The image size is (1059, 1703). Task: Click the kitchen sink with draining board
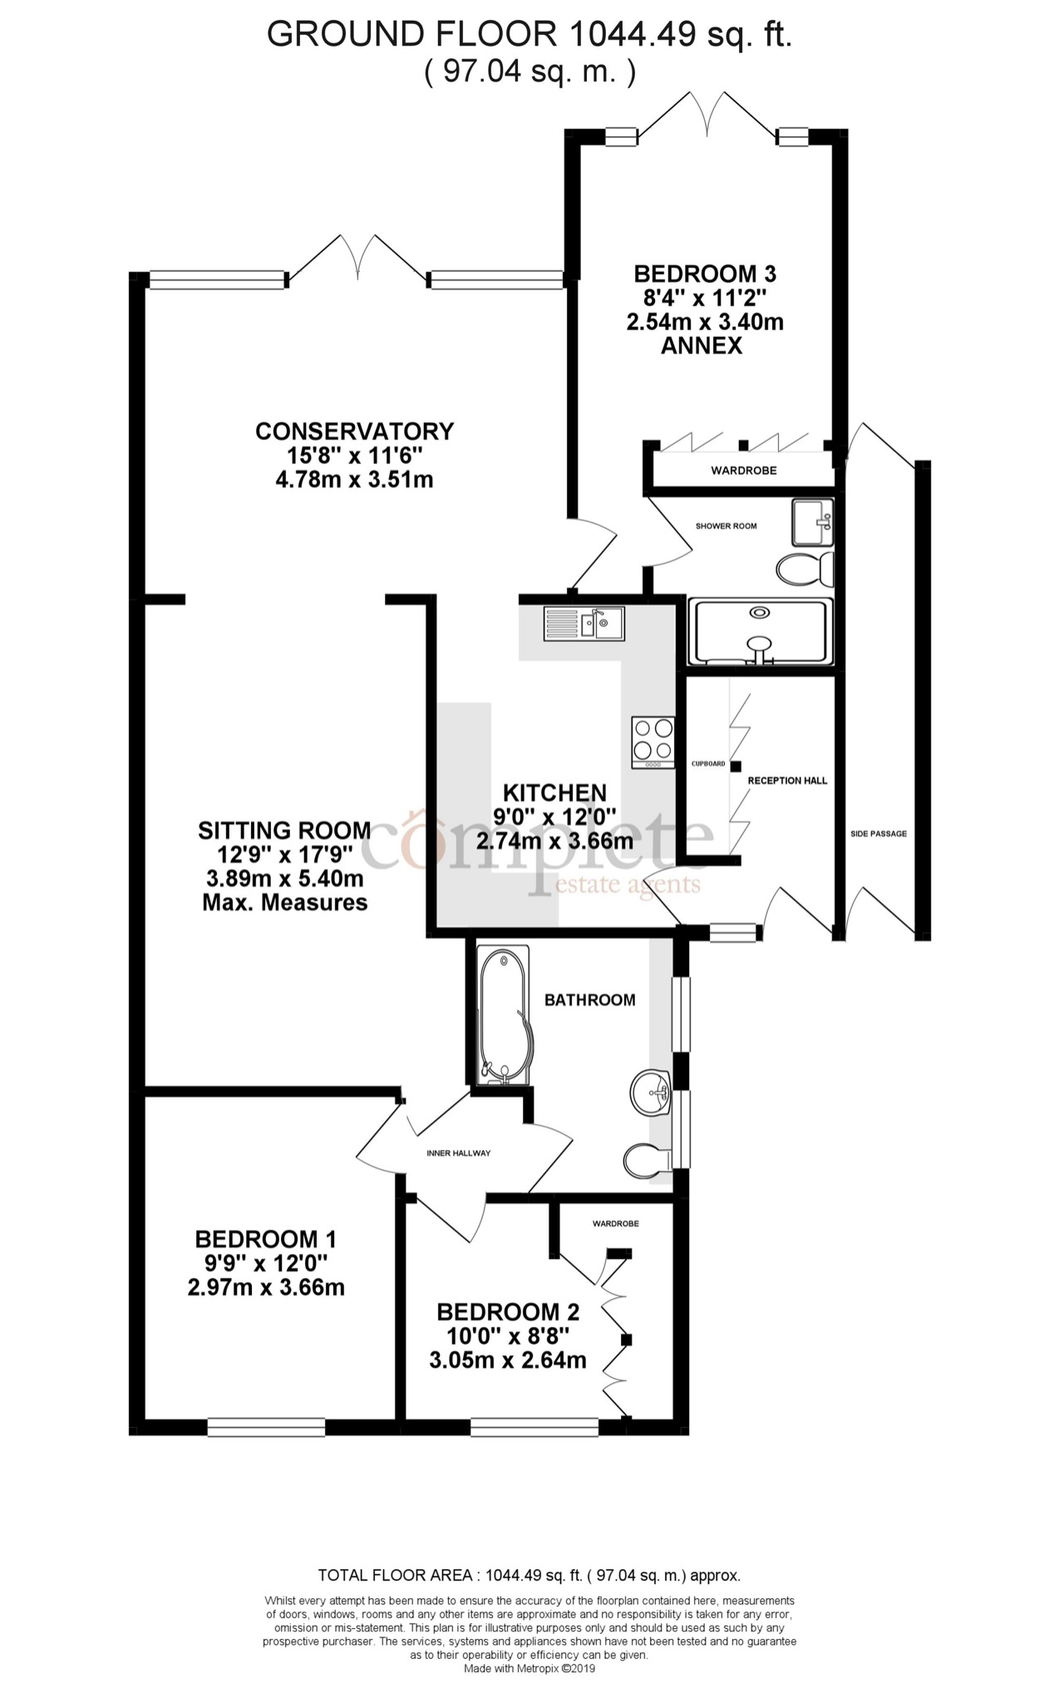pyautogui.click(x=584, y=623)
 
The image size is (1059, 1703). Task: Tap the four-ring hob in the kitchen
pyautogui.click(x=653, y=741)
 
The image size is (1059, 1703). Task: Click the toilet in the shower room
pyautogui.click(x=804, y=569)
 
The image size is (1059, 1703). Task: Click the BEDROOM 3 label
pyautogui.click(x=705, y=274)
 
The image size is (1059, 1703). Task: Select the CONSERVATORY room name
pyautogui.click(x=355, y=432)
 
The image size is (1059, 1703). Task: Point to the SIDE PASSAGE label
pyautogui.click(x=879, y=833)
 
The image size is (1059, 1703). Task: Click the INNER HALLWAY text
pyautogui.click(x=458, y=1153)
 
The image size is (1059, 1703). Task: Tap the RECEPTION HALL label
pyautogui.click(x=787, y=781)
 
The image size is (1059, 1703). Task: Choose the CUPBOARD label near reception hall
pyautogui.click(x=708, y=763)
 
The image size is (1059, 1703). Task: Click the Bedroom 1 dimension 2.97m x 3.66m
pyautogui.click(x=266, y=1288)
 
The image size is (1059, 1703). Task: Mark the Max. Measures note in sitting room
pyautogui.click(x=284, y=902)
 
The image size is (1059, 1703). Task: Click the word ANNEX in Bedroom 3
pyautogui.click(x=702, y=346)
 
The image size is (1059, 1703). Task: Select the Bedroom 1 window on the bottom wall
pyautogui.click(x=266, y=1427)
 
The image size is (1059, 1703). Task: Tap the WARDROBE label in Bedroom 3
pyautogui.click(x=743, y=471)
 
